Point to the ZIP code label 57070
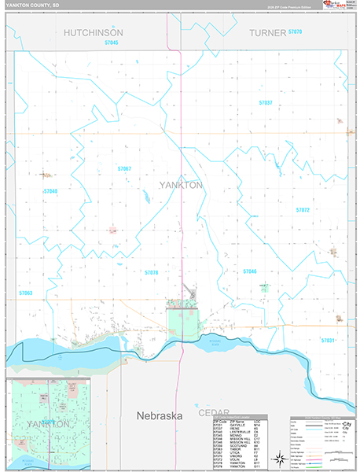pos(295,31)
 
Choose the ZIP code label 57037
pos(265,103)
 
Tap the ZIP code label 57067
pos(124,169)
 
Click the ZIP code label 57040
pos(50,191)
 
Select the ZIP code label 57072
pos(302,210)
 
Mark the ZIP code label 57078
pos(151,272)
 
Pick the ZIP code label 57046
pos(250,271)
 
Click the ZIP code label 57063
pos(26,293)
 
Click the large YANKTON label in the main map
pos(181,185)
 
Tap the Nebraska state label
pos(160,415)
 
